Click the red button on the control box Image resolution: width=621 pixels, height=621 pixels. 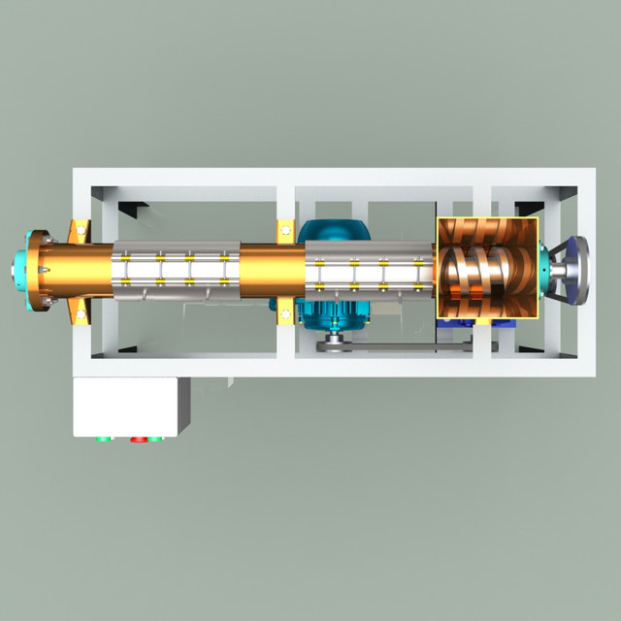click(x=136, y=439)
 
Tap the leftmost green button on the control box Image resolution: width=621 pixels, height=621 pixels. click(x=102, y=439)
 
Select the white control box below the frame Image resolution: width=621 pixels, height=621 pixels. click(x=131, y=407)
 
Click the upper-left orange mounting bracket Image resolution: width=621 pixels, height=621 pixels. click(x=80, y=233)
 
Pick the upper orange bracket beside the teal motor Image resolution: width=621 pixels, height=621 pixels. click(x=285, y=232)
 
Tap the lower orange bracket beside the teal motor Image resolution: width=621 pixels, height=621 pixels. click(x=285, y=311)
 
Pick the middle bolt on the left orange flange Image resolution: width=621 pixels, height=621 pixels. click(x=44, y=269)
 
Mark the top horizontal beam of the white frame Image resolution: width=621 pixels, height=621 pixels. click(x=325, y=177)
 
